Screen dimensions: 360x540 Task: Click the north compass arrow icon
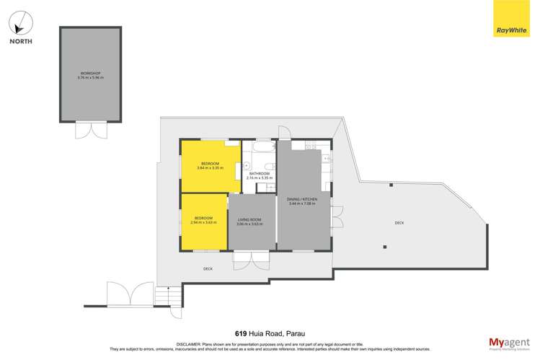(20, 22)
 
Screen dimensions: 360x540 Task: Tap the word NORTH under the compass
(20, 42)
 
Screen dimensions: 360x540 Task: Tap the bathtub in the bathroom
(257, 149)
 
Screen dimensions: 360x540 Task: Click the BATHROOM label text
(259, 174)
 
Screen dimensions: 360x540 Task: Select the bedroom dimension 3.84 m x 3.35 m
(211, 168)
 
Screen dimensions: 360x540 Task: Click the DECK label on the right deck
(399, 223)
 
